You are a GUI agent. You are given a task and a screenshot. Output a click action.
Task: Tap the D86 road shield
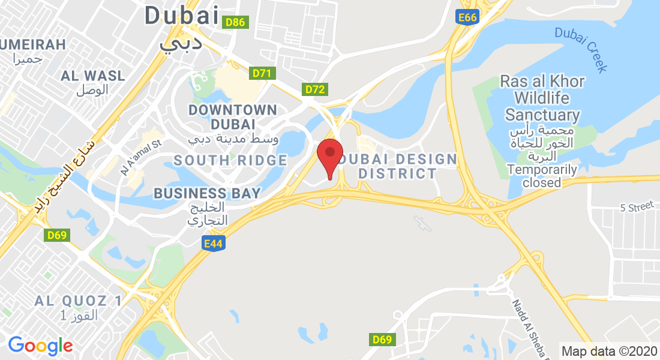pos(235,23)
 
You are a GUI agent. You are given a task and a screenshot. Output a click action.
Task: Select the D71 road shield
pos(262,73)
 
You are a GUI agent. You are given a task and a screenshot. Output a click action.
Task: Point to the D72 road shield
pos(315,90)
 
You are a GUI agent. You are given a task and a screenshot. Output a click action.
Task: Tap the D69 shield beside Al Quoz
pos(58,235)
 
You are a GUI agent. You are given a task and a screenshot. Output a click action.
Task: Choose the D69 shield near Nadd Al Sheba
pos(382,340)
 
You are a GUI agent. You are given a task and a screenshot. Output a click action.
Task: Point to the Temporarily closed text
pos(542,176)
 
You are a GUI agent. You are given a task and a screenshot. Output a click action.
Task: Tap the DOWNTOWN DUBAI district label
pos(232,117)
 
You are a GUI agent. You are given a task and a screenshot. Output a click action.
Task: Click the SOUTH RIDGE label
pos(230,160)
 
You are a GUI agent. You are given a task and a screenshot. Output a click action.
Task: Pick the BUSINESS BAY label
pos(207,193)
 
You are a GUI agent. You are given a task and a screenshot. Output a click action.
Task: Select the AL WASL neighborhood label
pos(93,76)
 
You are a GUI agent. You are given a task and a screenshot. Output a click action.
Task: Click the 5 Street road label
pos(636,207)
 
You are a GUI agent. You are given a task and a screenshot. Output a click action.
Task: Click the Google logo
pos(40,345)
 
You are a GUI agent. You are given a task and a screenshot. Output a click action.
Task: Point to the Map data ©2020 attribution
pos(608,351)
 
